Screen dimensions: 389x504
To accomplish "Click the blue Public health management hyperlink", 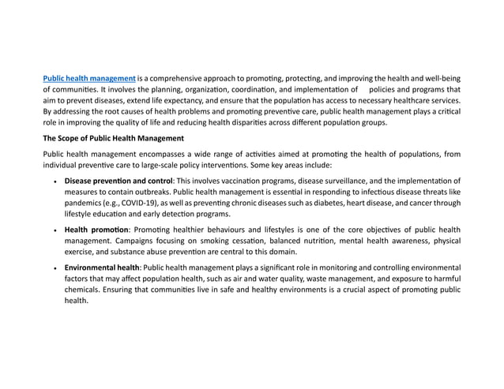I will click(89, 79).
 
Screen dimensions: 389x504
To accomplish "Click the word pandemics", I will click(83, 203).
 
